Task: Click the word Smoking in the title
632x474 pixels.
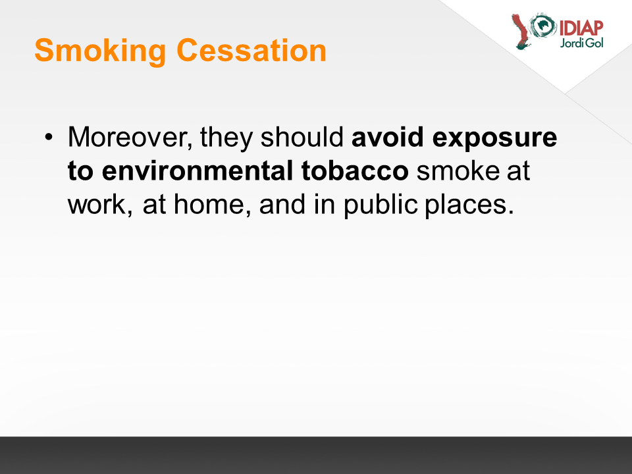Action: click(100, 51)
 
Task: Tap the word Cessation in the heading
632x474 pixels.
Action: click(251, 51)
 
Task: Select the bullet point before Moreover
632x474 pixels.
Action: click(49, 137)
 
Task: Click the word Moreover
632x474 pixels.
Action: click(130, 138)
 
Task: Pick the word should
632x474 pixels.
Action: click(302, 137)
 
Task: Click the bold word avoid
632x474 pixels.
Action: click(388, 137)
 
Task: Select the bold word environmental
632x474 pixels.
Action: click(197, 171)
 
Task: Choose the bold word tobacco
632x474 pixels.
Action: click(355, 171)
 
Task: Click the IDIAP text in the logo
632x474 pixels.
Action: click(581, 28)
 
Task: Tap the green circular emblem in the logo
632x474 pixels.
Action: click(543, 26)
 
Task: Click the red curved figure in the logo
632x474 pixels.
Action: click(521, 32)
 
